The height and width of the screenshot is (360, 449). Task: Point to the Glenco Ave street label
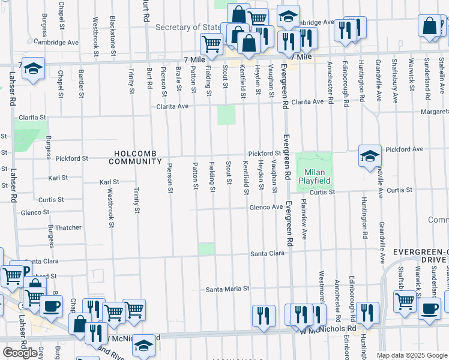point(266,207)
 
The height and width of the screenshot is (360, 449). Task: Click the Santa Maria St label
point(227,289)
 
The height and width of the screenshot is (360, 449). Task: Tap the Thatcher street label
point(68,227)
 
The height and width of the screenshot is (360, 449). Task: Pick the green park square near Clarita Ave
point(226,115)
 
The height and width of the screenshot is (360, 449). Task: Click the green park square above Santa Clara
point(206,249)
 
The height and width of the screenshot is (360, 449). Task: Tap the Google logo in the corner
point(20,353)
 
